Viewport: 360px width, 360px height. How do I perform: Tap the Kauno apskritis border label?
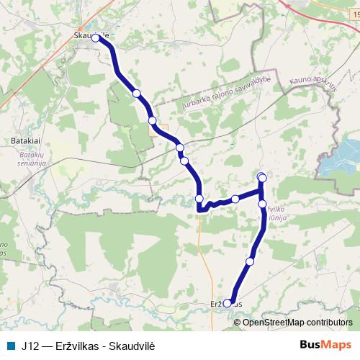click(x=313, y=79)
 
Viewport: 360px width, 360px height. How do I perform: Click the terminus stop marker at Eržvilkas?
click(x=228, y=303)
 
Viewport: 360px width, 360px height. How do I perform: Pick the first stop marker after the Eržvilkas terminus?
click(x=250, y=261)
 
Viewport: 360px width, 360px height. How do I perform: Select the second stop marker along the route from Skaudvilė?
click(x=136, y=93)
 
